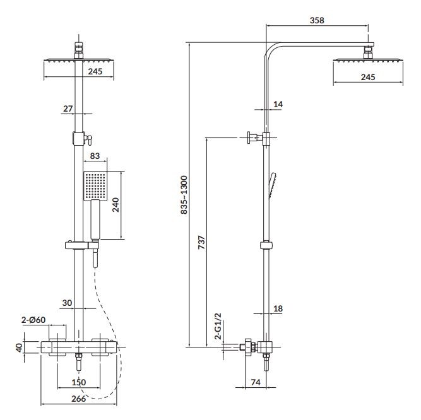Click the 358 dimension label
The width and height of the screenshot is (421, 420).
coord(317,20)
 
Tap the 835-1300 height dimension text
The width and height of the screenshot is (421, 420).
coord(184,195)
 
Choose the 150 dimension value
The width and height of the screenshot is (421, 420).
coord(78,382)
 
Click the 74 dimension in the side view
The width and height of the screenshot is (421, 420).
coord(255,382)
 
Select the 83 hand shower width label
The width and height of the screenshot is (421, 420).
coord(95,155)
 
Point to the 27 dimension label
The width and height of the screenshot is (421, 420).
coord(68,108)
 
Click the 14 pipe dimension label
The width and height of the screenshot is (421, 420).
coord(278,103)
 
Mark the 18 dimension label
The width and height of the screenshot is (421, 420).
coord(278,308)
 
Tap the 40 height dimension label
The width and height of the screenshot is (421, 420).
coord(20,346)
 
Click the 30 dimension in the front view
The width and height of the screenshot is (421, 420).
coord(69,303)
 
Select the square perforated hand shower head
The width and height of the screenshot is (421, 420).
coord(93,186)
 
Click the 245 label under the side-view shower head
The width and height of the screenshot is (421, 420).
coord(367,76)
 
